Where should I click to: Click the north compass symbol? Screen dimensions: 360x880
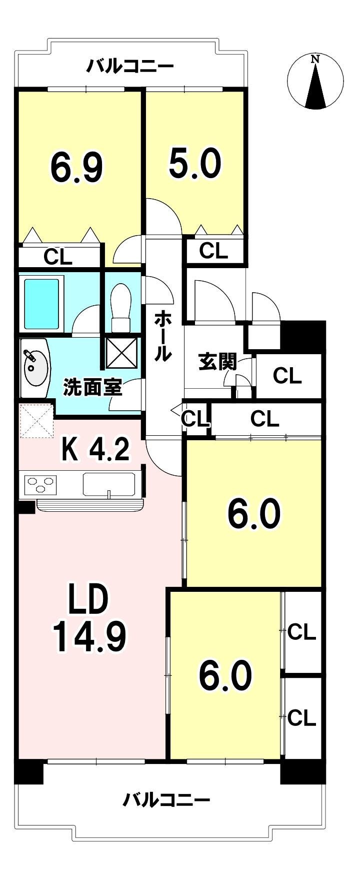[315, 82]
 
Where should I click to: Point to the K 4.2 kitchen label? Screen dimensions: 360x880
[95, 448]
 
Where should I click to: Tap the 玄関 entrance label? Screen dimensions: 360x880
[217, 362]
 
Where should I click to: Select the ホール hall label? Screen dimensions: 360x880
[163, 336]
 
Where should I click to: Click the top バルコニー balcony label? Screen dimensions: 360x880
[130, 66]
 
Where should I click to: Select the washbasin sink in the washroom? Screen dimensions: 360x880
[35, 368]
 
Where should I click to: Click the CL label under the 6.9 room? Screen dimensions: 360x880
[57, 257]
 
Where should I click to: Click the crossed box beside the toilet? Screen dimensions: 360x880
[121, 353]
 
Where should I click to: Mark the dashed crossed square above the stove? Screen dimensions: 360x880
[36, 420]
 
